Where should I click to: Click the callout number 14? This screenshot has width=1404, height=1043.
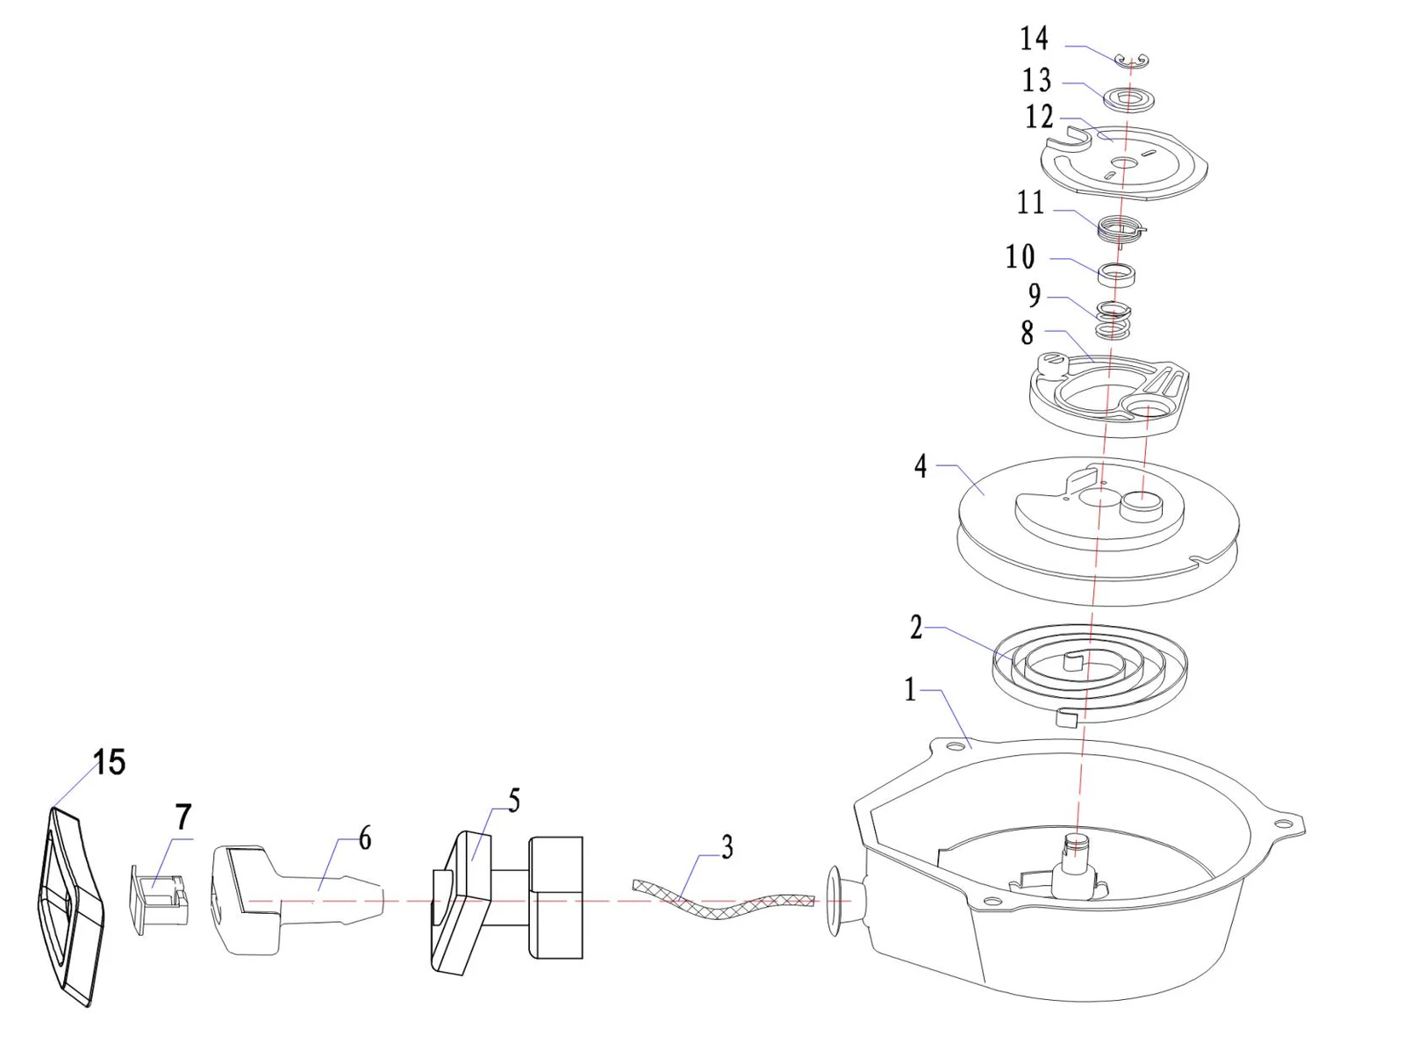coord(1034,39)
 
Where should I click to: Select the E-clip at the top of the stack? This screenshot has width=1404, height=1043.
coord(1131,61)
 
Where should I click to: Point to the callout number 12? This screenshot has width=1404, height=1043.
coord(1039,117)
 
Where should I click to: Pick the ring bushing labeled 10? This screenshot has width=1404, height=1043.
coord(1116,274)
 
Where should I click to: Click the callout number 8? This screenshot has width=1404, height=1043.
coord(1027,332)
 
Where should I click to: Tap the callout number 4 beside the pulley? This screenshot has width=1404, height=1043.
coord(920,466)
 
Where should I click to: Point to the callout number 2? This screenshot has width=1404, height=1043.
coord(917,627)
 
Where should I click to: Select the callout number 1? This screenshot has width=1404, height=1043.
coord(910,690)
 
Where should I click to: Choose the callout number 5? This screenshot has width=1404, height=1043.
coord(514,801)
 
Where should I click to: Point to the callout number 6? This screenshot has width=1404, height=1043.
coord(365,838)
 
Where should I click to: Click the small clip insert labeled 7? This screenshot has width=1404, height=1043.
coord(161,899)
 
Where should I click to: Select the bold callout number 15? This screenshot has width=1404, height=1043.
coord(110,762)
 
